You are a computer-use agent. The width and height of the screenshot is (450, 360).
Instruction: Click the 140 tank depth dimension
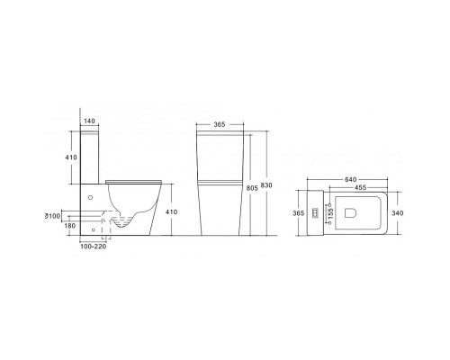[89, 121]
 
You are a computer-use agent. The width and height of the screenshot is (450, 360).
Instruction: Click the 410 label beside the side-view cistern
[71, 157]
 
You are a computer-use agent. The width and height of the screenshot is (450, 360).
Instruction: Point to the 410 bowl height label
[171, 211]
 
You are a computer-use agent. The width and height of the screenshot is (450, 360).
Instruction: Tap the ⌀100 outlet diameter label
[52, 216]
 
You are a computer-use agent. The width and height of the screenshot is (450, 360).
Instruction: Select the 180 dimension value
[70, 226]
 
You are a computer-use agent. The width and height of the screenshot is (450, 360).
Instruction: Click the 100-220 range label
[94, 247]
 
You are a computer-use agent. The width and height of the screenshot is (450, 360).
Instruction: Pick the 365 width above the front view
[220, 124]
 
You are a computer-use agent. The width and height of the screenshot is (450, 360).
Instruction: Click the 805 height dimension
[252, 188]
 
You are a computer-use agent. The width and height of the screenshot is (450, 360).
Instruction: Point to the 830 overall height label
[266, 185]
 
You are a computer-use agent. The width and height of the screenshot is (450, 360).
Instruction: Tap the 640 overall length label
[350, 179]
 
